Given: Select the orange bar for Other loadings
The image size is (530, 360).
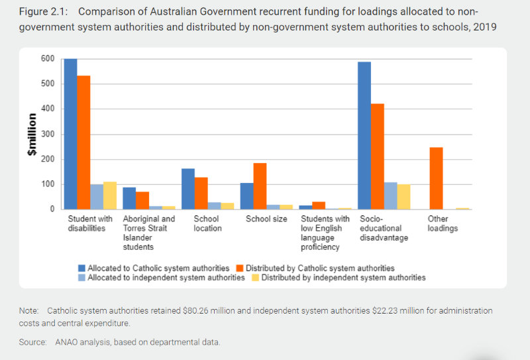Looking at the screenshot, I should point(436,178).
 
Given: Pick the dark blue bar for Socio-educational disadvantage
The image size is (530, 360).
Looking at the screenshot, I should point(364,136).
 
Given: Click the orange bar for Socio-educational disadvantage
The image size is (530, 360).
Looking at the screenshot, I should point(377,156).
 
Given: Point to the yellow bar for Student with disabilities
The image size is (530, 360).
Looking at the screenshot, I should point(109,196).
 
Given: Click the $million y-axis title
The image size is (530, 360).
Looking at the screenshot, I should point(31,135).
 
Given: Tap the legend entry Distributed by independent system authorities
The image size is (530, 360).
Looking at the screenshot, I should point(343,278).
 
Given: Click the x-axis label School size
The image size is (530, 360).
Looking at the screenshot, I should point(266,219).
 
